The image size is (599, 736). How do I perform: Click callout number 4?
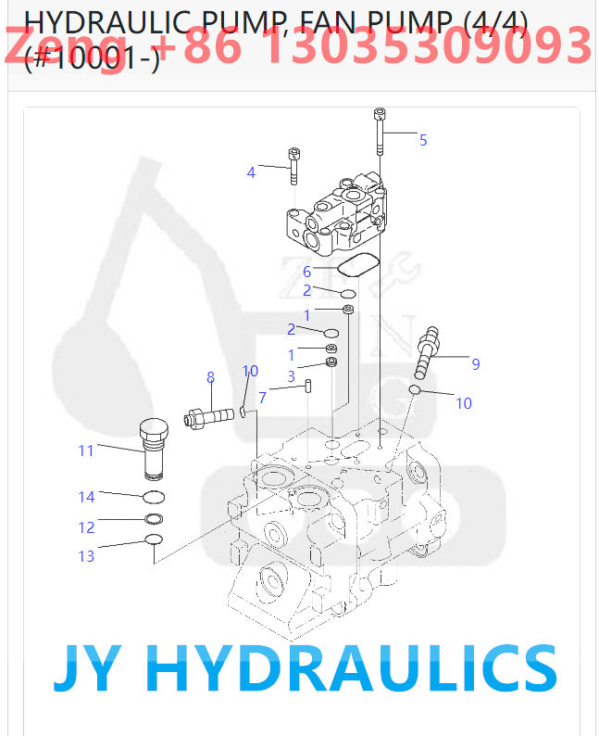(x=250, y=171)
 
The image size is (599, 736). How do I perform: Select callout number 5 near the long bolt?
(x=423, y=140)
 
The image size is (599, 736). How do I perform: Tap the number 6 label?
(x=306, y=272)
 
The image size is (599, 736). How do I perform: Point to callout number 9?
(x=476, y=364)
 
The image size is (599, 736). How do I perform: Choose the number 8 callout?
(x=210, y=377)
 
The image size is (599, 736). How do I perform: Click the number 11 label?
(x=85, y=451)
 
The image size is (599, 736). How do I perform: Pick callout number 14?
(x=86, y=497)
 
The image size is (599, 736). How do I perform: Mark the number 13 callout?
(x=86, y=556)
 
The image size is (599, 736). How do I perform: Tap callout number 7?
(x=262, y=398)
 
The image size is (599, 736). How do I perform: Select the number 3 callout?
(x=291, y=376)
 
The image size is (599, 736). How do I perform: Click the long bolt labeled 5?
(x=379, y=133)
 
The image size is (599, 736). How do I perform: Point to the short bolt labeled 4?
(x=293, y=167)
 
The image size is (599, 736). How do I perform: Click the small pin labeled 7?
(x=308, y=387)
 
